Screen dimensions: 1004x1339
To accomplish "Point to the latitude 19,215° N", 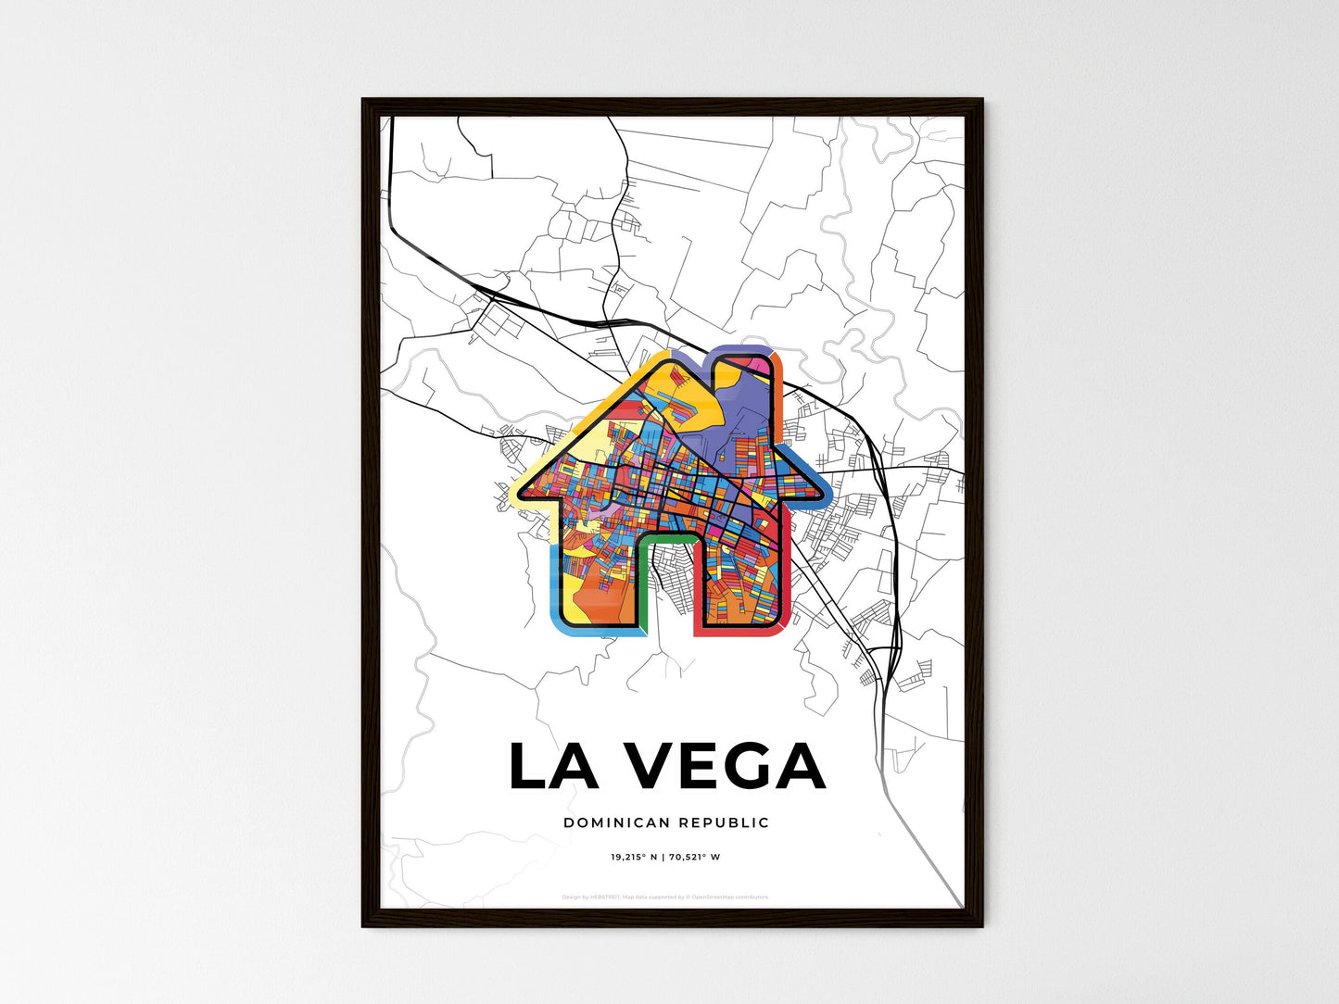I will (634, 857).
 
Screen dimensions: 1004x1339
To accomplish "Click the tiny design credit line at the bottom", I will (665, 897).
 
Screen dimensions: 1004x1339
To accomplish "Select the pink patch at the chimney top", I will (764, 367).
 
